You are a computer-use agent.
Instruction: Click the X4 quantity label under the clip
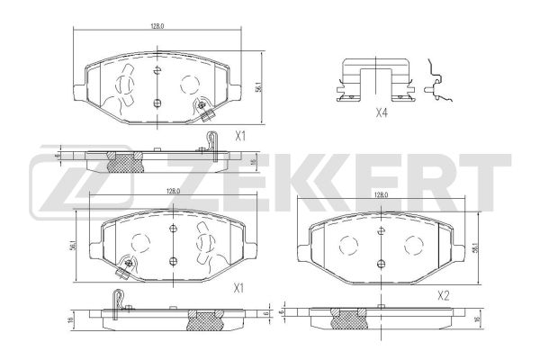tap(381, 113)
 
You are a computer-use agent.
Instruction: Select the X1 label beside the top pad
tap(240, 136)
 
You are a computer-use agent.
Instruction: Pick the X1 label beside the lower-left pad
tap(238, 288)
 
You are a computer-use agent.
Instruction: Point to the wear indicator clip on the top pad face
tap(205, 111)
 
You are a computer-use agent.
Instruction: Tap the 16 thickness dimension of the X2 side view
tap(476, 318)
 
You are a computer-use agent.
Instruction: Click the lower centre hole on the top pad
tap(157, 102)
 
